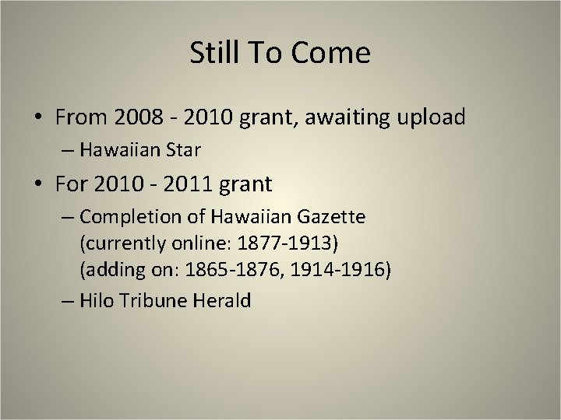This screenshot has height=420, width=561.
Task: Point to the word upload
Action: tap(432, 117)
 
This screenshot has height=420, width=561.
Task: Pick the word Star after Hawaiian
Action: tap(180, 150)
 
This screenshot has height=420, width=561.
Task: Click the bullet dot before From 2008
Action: tap(38, 119)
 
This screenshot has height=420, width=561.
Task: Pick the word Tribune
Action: tap(150, 301)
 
